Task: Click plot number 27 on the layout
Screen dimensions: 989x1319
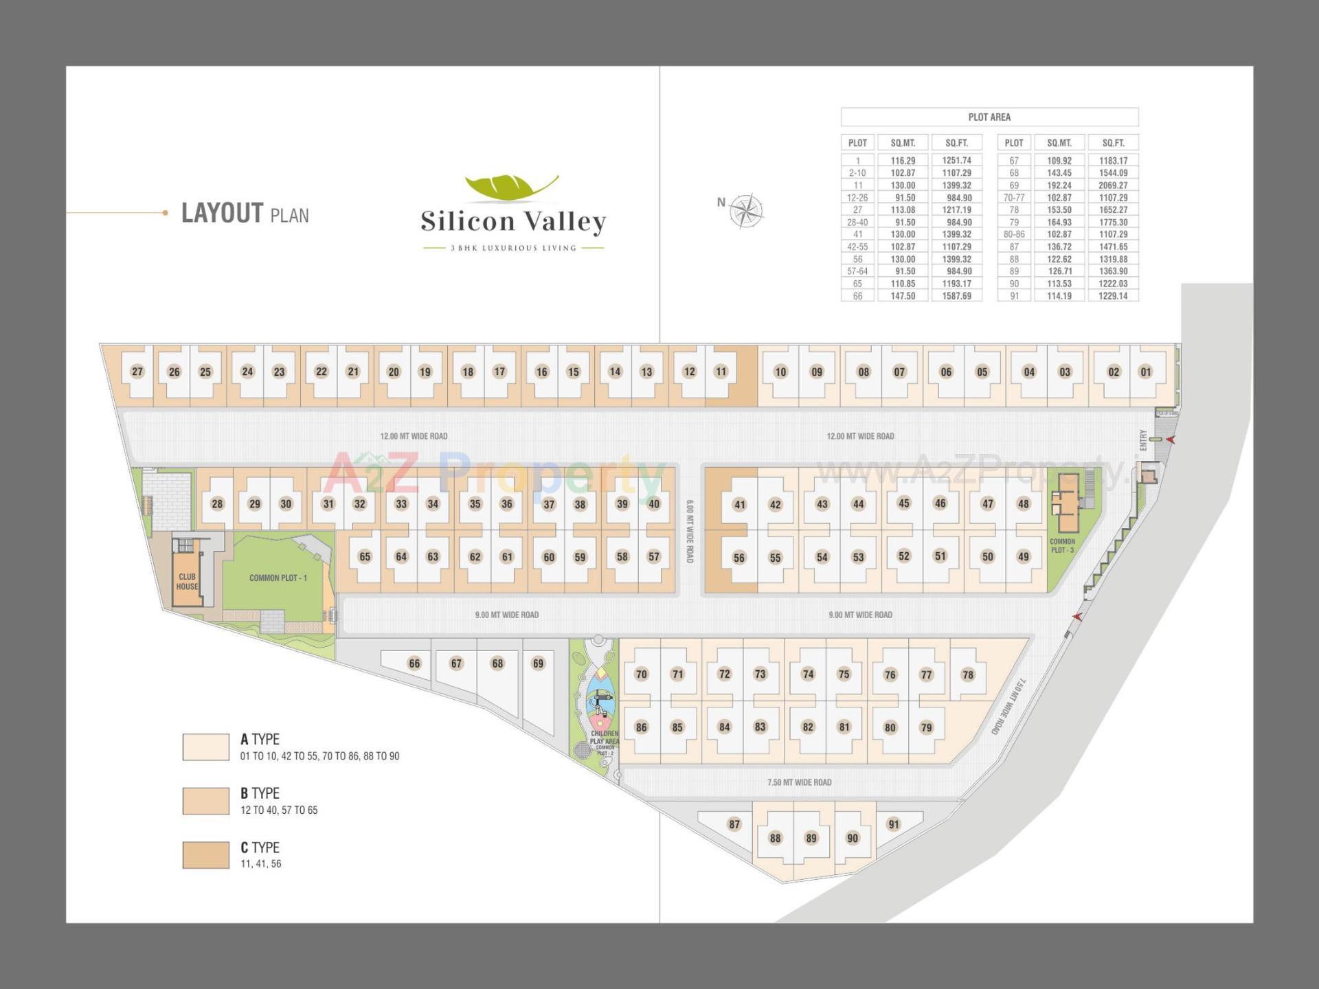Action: [x=137, y=372]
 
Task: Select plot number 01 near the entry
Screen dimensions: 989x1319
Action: [x=1145, y=372]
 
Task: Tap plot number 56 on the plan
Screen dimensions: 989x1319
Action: [x=739, y=558]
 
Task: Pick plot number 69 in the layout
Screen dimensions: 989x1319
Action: [x=538, y=663]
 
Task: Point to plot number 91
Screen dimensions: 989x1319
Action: [x=893, y=824]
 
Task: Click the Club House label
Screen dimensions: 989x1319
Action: [x=187, y=582]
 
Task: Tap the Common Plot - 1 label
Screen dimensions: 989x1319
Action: [x=278, y=578]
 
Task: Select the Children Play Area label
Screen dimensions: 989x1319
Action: [x=605, y=738]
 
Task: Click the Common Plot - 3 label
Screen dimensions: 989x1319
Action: [x=1062, y=546]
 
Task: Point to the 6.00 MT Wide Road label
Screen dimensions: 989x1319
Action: [x=690, y=532]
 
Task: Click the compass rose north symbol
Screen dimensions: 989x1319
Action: [x=745, y=210]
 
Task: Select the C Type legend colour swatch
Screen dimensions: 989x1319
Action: [x=206, y=855]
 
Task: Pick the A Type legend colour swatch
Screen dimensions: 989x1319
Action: [x=206, y=747]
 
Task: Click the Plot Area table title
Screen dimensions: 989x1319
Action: [x=989, y=117]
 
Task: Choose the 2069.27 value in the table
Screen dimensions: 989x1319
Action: [x=1113, y=185]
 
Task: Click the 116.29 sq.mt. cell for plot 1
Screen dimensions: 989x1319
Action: [x=903, y=161]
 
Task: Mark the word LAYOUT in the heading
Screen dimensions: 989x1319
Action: [x=222, y=213]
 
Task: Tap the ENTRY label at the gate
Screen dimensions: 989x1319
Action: [x=1143, y=440]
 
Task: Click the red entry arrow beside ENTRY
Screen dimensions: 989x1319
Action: [x=1171, y=440]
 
